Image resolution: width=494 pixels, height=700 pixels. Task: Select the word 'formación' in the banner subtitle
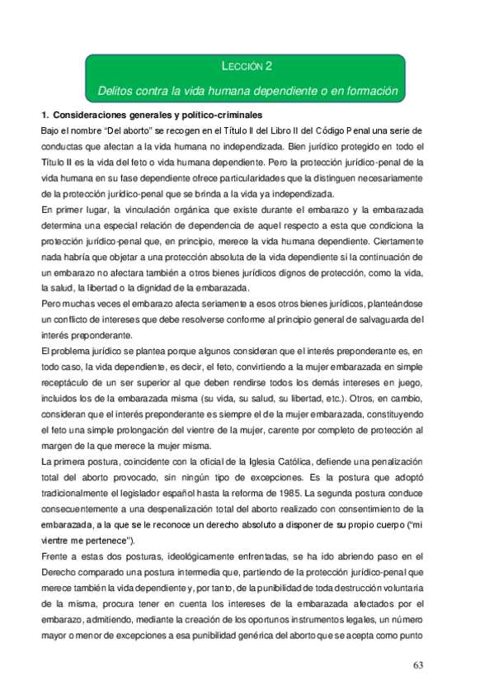tap(370, 90)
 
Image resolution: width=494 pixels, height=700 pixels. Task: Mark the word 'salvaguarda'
tap(374, 319)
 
